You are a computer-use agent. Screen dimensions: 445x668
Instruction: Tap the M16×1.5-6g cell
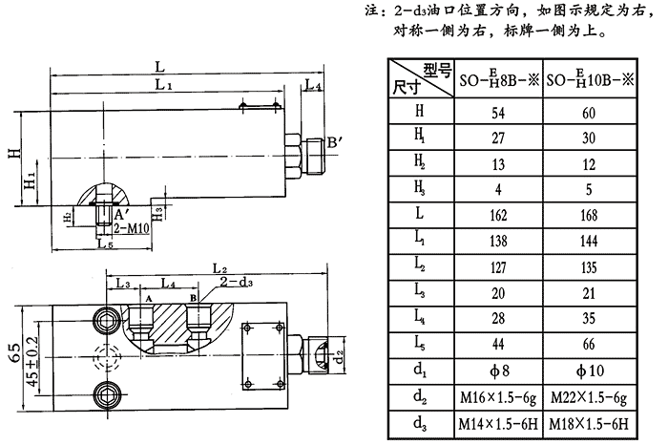pos(498,393)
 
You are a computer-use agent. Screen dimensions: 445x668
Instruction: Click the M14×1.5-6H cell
pos(498,423)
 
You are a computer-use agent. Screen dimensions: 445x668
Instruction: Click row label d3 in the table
pos(420,423)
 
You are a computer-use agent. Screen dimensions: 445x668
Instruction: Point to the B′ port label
pos(335,143)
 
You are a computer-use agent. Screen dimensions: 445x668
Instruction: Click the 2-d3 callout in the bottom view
pos(234,284)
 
